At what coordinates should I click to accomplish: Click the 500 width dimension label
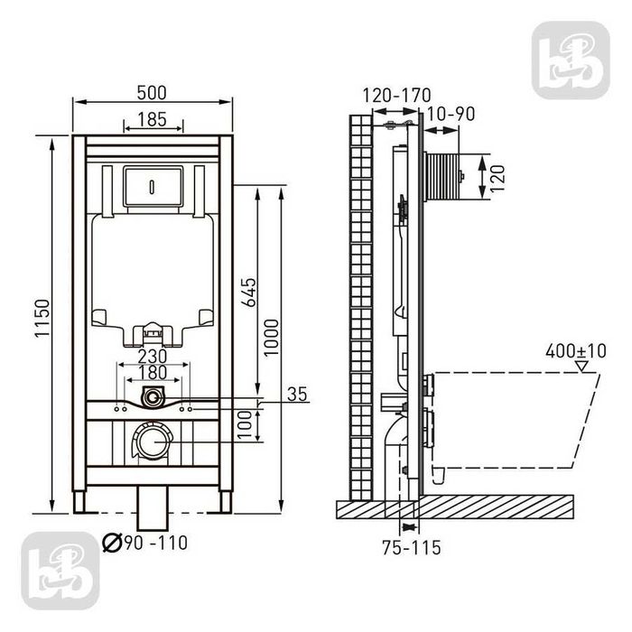[x=152, y=93]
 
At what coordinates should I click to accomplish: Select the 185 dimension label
[x=152, y=119]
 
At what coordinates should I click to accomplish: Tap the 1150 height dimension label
[x=42, y=318]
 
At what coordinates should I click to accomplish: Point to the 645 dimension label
[x=249, y=293]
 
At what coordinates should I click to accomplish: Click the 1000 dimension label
[x=271, y=338]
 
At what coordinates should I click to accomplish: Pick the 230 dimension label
[x=153, y=357]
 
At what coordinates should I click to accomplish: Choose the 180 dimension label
[x=153, y=372]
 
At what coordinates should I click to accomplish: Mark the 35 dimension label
[x=297, y=394]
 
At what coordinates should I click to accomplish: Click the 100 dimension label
[x=245, y=425]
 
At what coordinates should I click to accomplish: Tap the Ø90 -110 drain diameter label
[x=145, y=543]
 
